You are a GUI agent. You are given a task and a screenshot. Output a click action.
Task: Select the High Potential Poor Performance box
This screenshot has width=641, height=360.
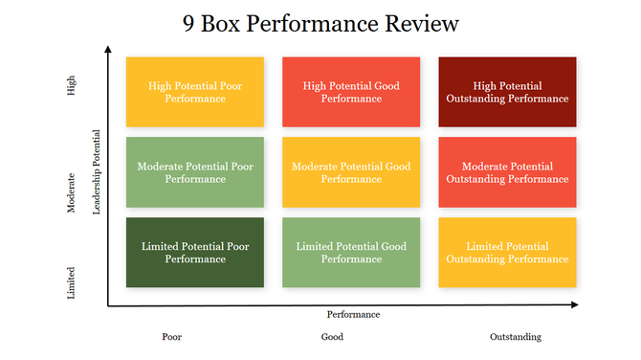(x=194, y=92)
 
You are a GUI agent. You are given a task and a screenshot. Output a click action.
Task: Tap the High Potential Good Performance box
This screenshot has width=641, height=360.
(x=351, y=92)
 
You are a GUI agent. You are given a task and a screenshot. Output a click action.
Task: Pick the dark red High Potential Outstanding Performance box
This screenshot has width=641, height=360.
(x=507, y=92)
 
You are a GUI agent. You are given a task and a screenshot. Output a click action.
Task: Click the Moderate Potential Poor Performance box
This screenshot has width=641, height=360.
(x=194, y=172)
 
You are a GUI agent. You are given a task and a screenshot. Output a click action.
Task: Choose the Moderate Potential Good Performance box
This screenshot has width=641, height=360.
(x=351, y=172)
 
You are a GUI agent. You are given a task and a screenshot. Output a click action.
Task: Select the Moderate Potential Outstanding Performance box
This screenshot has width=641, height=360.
(x=507, y=172)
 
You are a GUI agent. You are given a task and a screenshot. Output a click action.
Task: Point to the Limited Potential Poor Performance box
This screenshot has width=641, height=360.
(x=194, y=252)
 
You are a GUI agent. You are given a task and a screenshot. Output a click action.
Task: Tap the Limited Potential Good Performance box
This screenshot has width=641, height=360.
(x=351, y=252)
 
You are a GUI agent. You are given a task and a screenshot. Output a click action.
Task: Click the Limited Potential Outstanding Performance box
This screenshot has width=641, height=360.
(x=507, y=252)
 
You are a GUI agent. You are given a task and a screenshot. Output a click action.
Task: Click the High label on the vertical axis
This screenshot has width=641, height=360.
(x=72, y=86)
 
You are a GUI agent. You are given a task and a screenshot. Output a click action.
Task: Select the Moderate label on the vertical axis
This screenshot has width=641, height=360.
(x=72, y=192)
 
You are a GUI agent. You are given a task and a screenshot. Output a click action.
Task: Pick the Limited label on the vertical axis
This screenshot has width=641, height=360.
(x=72, y=282)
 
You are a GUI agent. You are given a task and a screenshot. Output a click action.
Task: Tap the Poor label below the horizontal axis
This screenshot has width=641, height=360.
(x=172, y=337)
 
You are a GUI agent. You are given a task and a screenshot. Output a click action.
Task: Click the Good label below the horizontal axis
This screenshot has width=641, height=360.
(x=332, y=337)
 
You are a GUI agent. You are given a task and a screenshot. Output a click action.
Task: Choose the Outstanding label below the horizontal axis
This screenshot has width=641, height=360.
(x=515, y=337)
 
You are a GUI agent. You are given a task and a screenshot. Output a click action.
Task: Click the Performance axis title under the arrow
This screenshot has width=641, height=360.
(x=353, y=314)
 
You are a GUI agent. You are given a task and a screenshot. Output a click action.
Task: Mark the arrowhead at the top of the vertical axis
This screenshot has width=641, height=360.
(x=108, y=50)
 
